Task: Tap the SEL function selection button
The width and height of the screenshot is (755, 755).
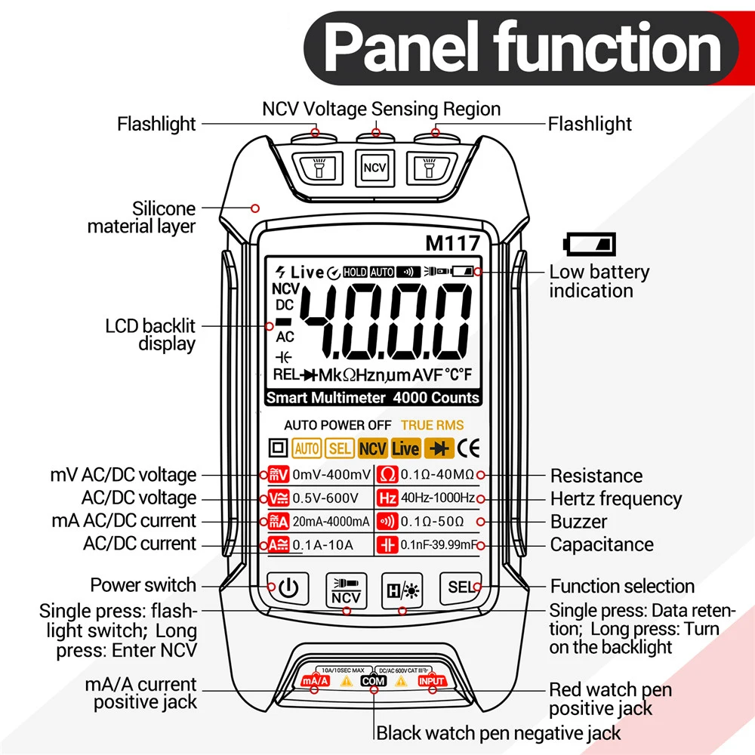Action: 460,587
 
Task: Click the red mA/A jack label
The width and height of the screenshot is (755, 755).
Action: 316,681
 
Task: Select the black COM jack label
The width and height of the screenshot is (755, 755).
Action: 374,681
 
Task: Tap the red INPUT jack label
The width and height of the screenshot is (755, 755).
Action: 433,681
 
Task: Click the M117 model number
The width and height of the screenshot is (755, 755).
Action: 452,244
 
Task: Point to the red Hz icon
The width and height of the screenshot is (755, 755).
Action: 387,498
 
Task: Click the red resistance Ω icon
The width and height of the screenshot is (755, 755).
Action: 387,475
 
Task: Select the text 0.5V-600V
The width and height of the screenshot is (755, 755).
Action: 323,498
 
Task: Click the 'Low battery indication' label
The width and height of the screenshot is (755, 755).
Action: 599,282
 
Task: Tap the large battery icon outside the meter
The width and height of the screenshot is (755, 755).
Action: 590,245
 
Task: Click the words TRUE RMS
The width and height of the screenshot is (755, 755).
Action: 432,425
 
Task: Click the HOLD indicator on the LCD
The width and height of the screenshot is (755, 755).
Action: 355,272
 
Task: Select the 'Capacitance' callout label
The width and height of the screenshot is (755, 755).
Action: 601,544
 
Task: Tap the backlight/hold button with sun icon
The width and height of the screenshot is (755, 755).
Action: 402,587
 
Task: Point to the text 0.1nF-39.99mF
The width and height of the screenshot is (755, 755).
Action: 438,544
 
